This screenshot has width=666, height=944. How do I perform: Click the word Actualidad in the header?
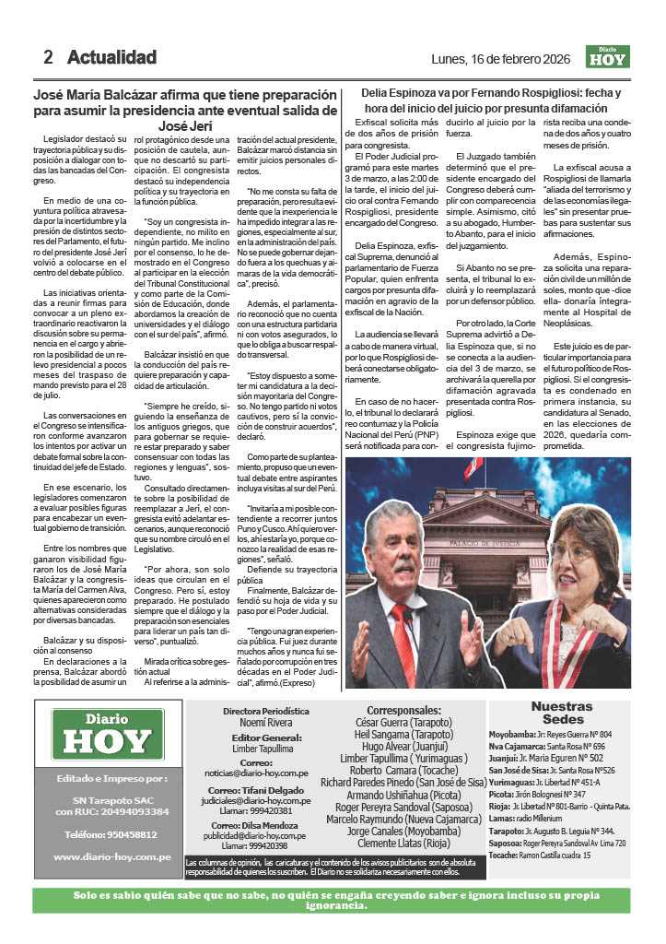[x=111, y=57]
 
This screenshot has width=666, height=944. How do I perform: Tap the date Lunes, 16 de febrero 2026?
[x=505, y=59]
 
